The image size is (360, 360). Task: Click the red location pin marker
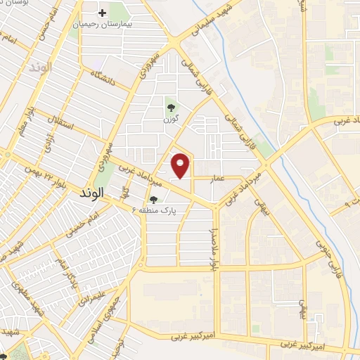click(181, 165)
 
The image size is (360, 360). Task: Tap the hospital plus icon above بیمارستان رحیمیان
click(103, 13)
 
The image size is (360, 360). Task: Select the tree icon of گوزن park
click(171, 108)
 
